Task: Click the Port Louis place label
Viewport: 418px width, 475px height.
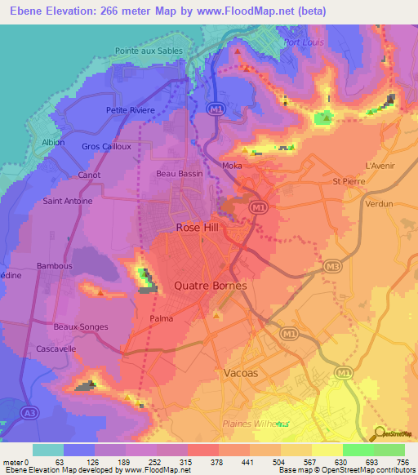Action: (304, 42)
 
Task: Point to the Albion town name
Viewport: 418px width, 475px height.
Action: (52, 141)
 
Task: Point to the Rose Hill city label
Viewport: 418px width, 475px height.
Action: (198, 229)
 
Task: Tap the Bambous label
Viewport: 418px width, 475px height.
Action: (55, 266)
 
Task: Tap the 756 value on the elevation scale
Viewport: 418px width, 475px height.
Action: (403, 462)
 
